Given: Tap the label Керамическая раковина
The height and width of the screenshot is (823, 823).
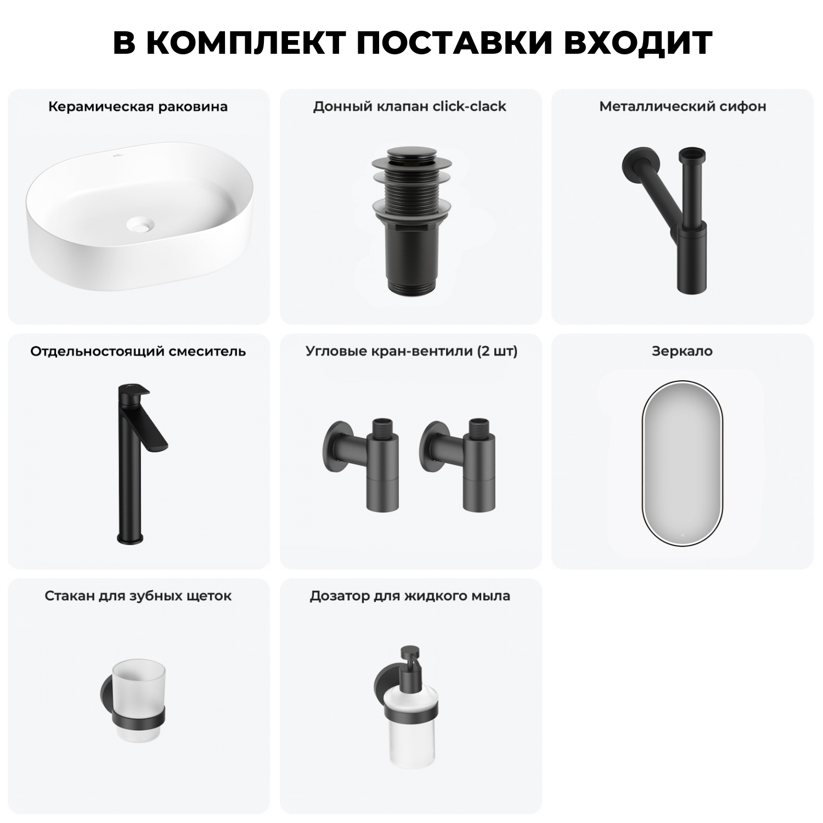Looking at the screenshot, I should (138, 106).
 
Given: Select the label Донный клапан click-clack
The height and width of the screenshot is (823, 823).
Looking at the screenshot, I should (409, 106).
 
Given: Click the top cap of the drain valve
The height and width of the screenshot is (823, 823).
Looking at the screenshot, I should (411, 156).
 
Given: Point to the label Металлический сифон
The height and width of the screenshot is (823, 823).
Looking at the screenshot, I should (683, 106).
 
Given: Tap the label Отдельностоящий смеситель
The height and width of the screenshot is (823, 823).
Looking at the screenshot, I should (138, 351).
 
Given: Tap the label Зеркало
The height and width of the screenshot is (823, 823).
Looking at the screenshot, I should (682, 351).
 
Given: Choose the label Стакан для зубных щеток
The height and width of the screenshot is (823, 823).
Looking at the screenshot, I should (138, 596).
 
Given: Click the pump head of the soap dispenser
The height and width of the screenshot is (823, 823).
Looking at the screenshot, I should (410, 658).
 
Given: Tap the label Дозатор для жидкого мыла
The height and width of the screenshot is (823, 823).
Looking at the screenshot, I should (410, 596).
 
